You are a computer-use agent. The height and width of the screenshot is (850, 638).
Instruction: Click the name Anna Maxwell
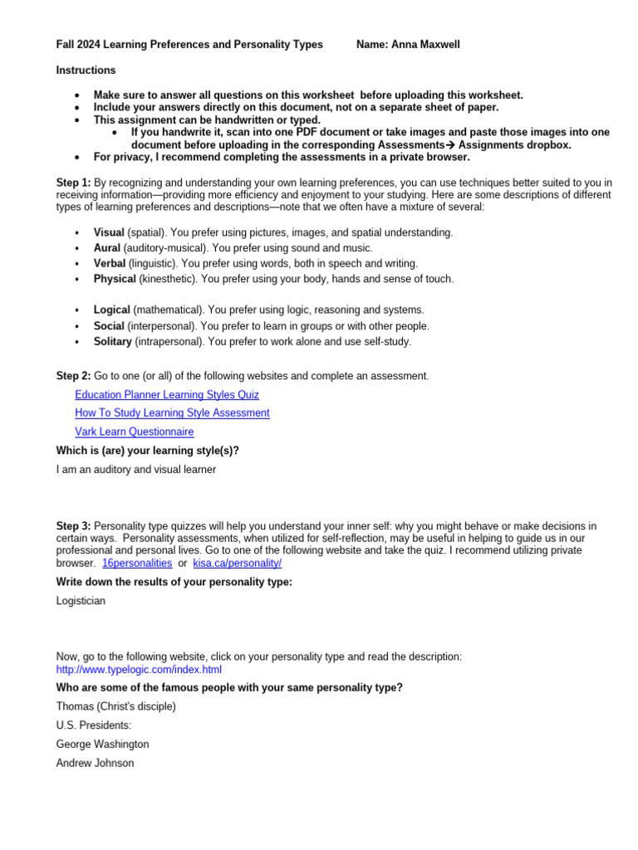tap(426, 45)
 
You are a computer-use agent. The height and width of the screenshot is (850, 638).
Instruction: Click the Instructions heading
tap(86, 71)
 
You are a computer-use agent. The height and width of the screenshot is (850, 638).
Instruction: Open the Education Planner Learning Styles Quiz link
tap(166, 395)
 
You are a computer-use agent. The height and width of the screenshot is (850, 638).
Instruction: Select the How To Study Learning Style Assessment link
tap(172, 413)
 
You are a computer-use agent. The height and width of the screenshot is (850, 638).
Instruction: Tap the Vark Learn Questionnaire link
tap(134, 432)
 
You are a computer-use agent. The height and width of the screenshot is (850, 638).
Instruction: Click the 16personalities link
tap(137, 563)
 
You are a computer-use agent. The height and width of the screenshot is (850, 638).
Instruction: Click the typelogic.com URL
tap(139, 669)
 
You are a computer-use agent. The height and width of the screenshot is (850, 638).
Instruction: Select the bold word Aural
tap(107, 248)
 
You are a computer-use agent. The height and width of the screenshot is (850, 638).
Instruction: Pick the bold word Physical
tap(115, 279)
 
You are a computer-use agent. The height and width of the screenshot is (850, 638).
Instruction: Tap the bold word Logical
tap(111, 310)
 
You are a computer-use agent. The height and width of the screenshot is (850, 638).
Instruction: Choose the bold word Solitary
tap(112, 341)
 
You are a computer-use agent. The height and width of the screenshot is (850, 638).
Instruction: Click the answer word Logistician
tap(81, 601)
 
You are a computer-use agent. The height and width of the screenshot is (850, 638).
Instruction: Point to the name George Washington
tap(102, 745)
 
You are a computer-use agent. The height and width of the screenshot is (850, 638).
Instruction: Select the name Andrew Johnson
tap(94, 763)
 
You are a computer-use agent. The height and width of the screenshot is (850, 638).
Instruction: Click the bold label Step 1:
tap(73, 183)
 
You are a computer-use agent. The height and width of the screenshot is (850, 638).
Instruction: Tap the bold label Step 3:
tap(73, 526)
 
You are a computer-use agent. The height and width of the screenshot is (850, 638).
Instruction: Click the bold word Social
tap(109, 326)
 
